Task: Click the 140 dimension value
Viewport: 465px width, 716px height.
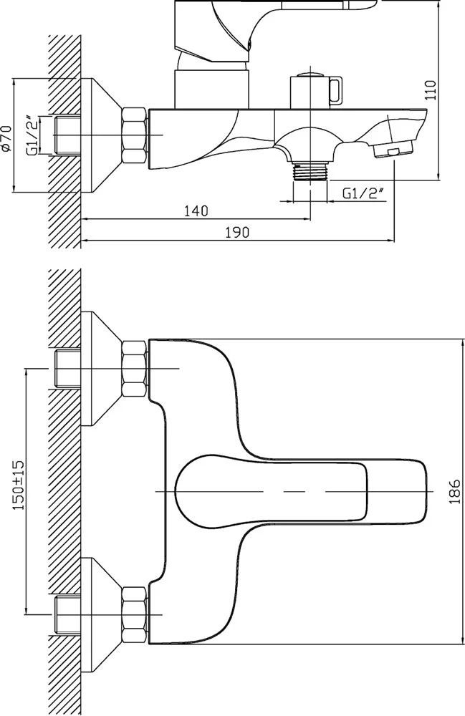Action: click(x=195, y=211)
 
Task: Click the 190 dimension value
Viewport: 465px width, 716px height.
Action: click(x=236, y=232)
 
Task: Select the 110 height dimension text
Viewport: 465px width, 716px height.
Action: click(x=430, y=89)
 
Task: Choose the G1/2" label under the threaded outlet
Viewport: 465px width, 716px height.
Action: click(x=363, y=193)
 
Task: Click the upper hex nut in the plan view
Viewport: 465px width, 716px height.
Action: click(x=134, y=369)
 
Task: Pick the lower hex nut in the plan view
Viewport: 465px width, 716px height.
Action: click(x=134, y=614)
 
